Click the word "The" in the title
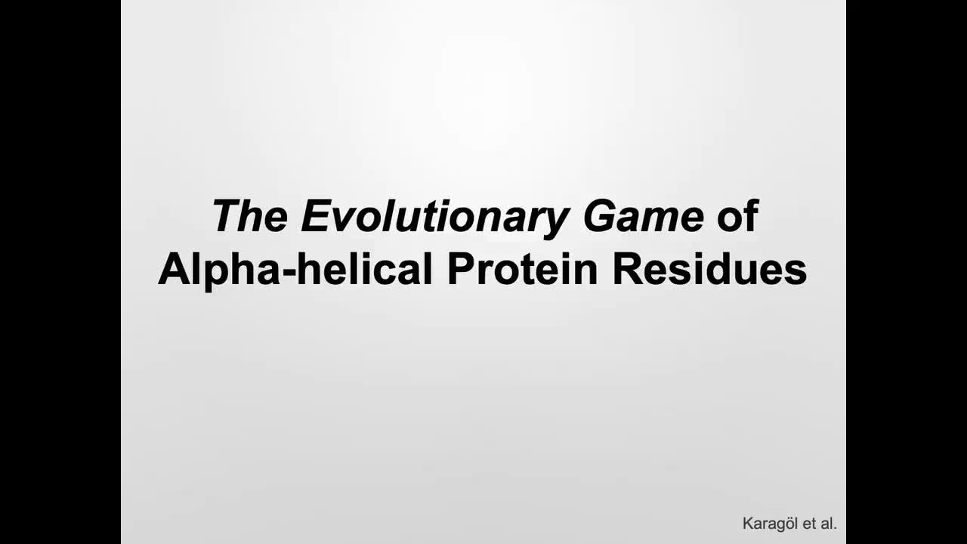[249, 216]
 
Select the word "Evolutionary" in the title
[434, 216]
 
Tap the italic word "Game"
[643, 216]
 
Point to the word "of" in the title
[737, 216]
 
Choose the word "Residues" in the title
[709, 270]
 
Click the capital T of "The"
[226, 216]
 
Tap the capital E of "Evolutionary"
[313, 216]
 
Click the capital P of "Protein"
[461, 270]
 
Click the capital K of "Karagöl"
[748, 523]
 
